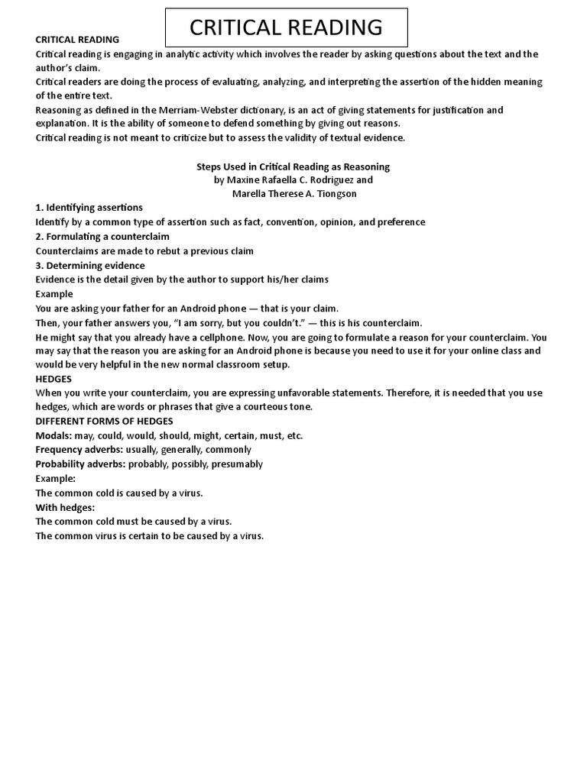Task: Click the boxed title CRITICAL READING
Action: tap(286, 27)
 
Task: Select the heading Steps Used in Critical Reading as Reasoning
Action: tap(293, 166)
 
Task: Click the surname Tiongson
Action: tap(332, 194)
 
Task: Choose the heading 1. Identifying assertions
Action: tap(89, 208)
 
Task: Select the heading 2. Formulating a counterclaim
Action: tap(102, 237)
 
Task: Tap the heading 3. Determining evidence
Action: tap(90, 266)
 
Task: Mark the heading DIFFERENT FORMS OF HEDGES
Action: tap(104, 421)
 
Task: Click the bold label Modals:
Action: tap(54, 435)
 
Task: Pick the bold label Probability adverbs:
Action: tap(81, 464)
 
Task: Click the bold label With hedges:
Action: tap(65, 507)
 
